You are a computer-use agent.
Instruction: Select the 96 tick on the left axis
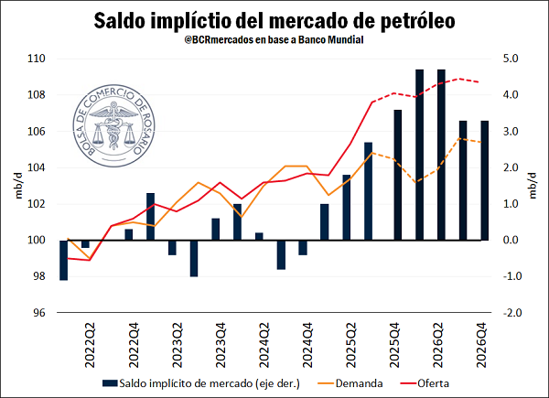coord(40,313)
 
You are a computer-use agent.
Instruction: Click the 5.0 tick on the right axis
coord(508,59)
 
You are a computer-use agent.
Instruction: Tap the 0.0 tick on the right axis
coord(508,241)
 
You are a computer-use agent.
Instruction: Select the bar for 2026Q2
coord(441,155)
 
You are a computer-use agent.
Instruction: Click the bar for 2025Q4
coord(398,175)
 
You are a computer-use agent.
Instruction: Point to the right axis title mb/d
coord(533,186)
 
